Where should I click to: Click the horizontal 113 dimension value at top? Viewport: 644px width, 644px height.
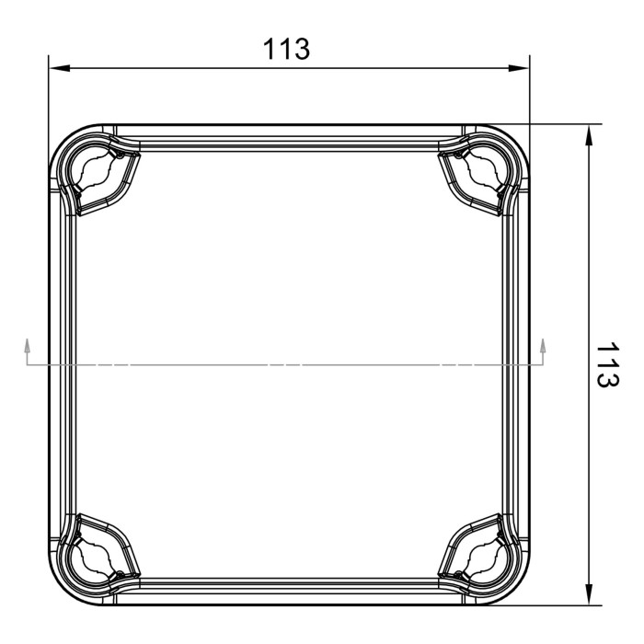pos(287,49)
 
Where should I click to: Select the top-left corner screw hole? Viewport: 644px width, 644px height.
pos(94,171)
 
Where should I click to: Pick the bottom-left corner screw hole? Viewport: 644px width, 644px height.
pos(94,558)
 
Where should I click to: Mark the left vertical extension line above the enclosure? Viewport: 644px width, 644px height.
pos(47,92)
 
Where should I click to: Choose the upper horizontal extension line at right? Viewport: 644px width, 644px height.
pos(561,123)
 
